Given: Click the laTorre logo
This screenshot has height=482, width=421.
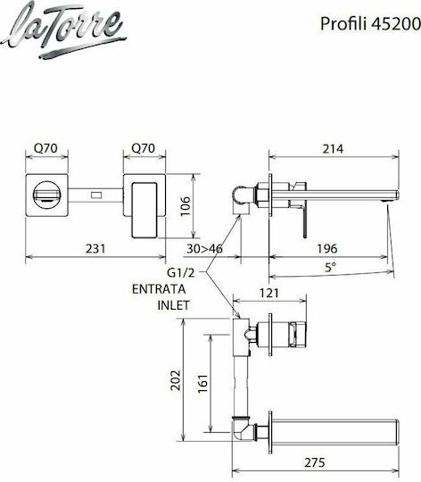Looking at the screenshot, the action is tap(63, 30).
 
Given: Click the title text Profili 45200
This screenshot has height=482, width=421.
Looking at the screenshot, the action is tap(370, 24).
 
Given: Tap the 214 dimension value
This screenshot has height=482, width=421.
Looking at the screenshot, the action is tap(334, 149).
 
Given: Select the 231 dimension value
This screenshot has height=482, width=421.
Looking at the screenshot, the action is tap(95, 248).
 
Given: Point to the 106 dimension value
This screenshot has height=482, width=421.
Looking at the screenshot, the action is tap(186, 206).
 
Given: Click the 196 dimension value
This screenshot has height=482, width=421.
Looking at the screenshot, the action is tap(327, 248).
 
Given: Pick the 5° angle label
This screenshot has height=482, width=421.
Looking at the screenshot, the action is tap(330, 268).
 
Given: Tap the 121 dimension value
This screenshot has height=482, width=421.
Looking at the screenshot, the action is tap(269, 293).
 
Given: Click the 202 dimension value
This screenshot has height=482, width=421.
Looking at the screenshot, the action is tap(176, 380).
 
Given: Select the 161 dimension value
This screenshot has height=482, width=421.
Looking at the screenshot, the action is tap(203, 383).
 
